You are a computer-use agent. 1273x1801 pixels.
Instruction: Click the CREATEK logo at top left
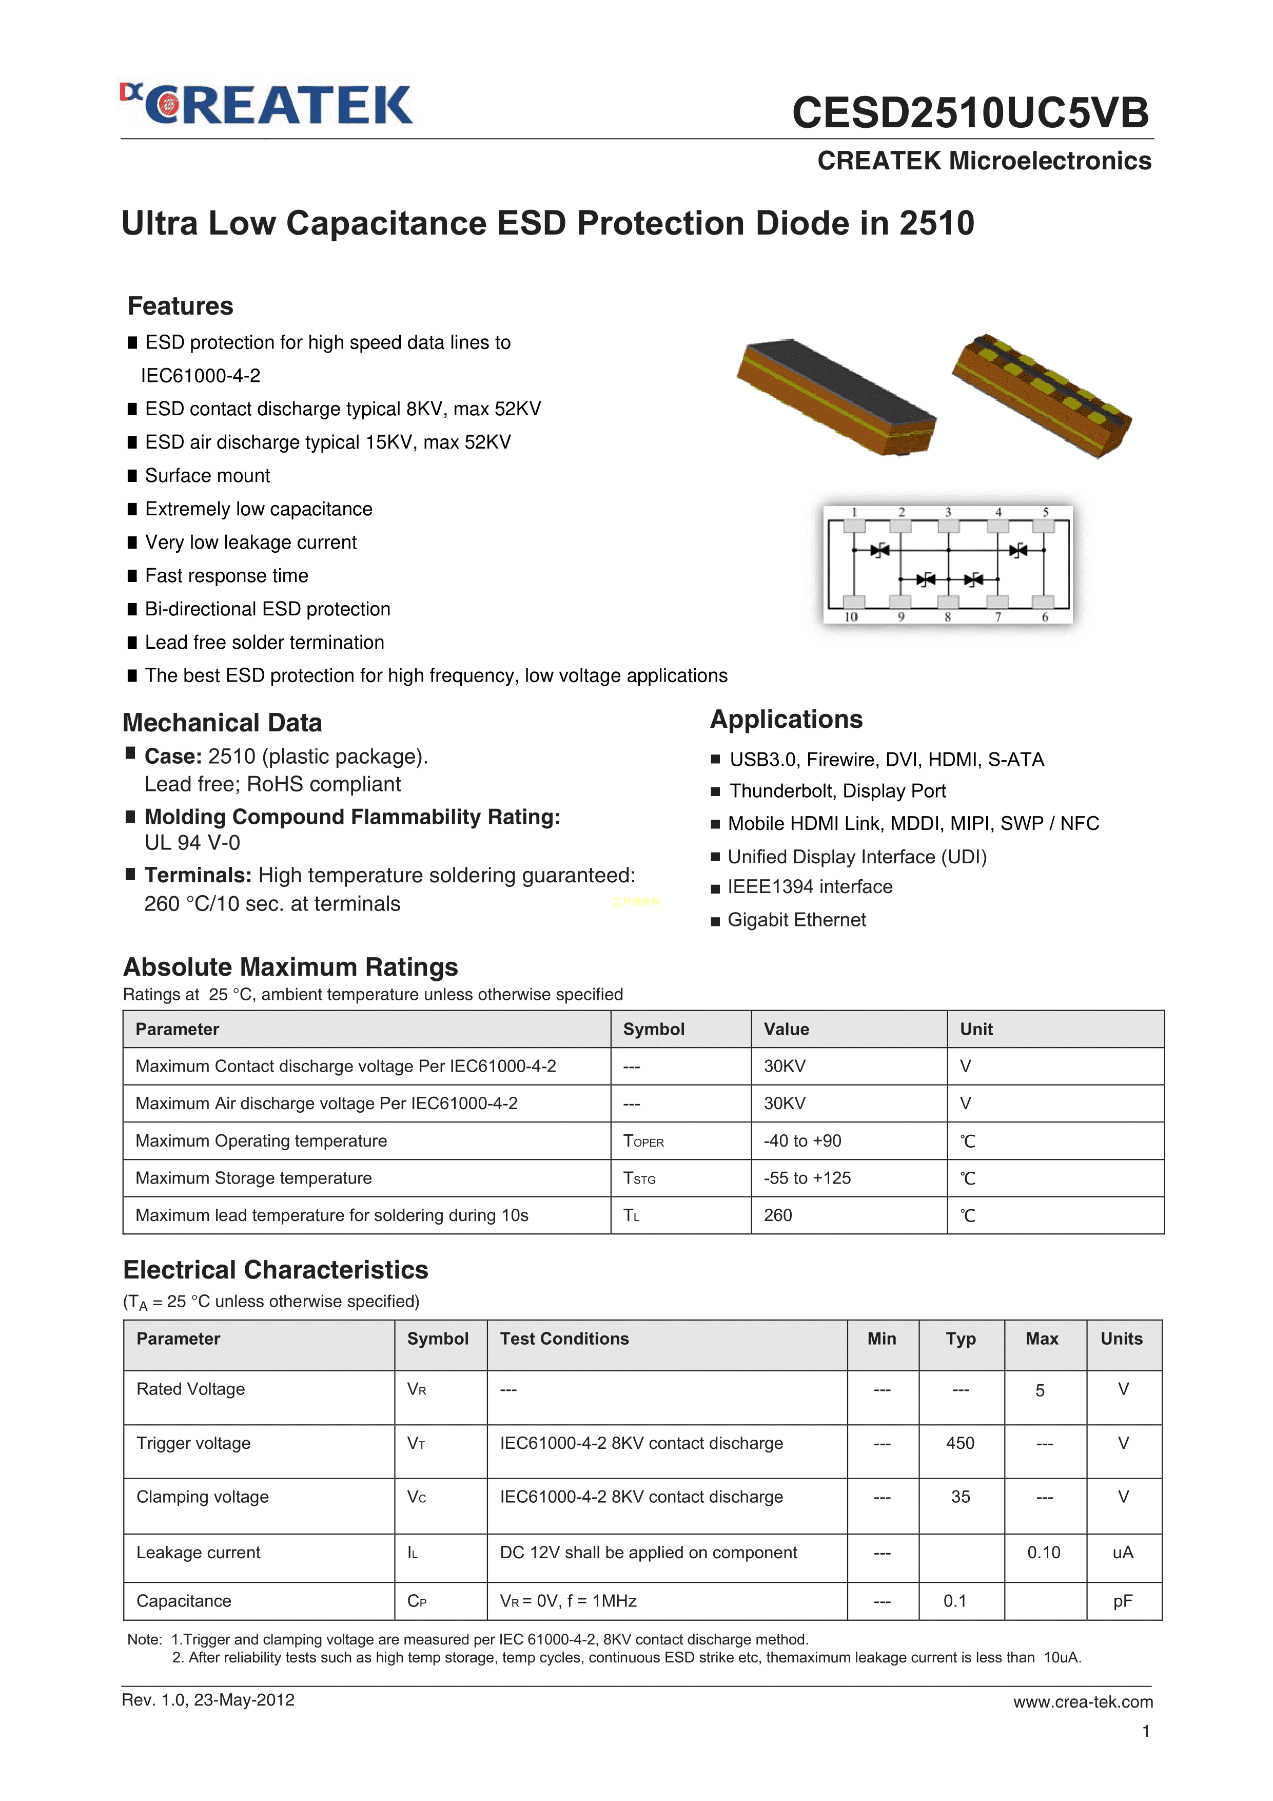click(267, 105)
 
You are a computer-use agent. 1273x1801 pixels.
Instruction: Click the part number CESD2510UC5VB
click(970, 112)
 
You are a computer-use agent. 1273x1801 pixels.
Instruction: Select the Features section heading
click(181, 306)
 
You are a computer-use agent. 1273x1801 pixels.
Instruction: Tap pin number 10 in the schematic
click(851, 617)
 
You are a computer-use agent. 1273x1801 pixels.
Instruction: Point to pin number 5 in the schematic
click(1046, 512)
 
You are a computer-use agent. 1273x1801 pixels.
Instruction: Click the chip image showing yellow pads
click(1042, 396)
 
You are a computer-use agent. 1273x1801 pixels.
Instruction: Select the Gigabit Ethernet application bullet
click(796, 920)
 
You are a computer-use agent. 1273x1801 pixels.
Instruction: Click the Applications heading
click(786, 719)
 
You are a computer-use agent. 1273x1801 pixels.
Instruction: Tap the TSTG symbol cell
click(639, 1178)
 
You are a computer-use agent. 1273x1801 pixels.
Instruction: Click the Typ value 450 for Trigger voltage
click(960, 1443)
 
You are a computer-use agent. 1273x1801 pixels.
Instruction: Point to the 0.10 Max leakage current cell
click(1043, 1553)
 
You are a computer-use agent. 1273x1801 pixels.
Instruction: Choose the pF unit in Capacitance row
click(1122, 1601)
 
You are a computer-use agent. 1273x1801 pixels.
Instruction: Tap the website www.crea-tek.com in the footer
click(1083, 1701)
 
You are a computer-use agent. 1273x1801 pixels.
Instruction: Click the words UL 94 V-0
click(192, 842)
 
